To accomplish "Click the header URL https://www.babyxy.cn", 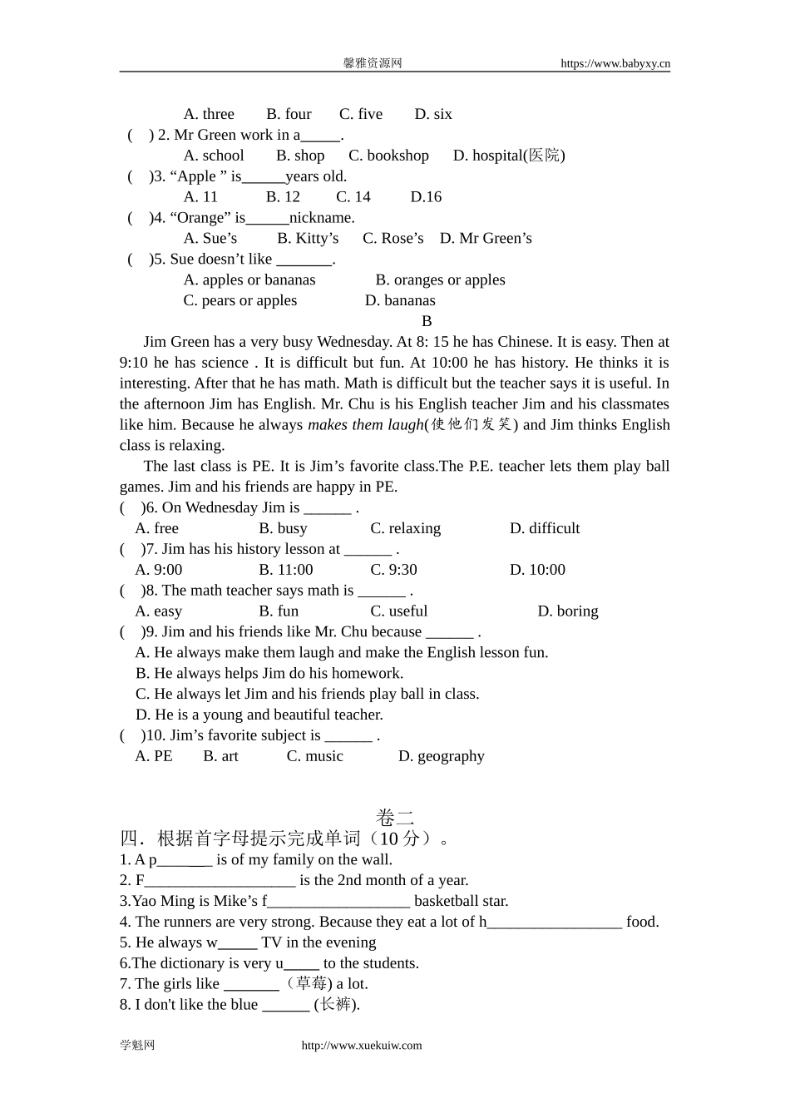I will (x=615, y=63).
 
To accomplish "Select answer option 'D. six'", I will (x=433, y=114).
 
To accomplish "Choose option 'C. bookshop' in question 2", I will (x=388, y=156).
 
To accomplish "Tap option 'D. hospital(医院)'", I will (x=509, y=156).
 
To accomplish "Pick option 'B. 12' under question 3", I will (x=283, y=197).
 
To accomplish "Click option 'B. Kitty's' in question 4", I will (x=308, y=239).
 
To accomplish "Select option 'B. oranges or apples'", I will (x=440, y=280).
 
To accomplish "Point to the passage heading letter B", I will (x=427, y=321).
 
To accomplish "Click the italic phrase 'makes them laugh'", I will (x=366, y=425).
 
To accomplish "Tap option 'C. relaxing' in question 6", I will (x=406, y=528).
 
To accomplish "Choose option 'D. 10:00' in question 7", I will (x=537, y=570).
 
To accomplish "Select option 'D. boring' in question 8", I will (x=568, y=611).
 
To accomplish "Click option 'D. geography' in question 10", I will (x=441, y=756).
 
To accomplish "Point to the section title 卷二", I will (x=395, y=818).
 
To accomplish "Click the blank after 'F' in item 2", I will (x=220, y=881).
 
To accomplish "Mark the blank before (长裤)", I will (x=286, y=1005).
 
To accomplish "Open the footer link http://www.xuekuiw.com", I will (x=362, y=1046).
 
